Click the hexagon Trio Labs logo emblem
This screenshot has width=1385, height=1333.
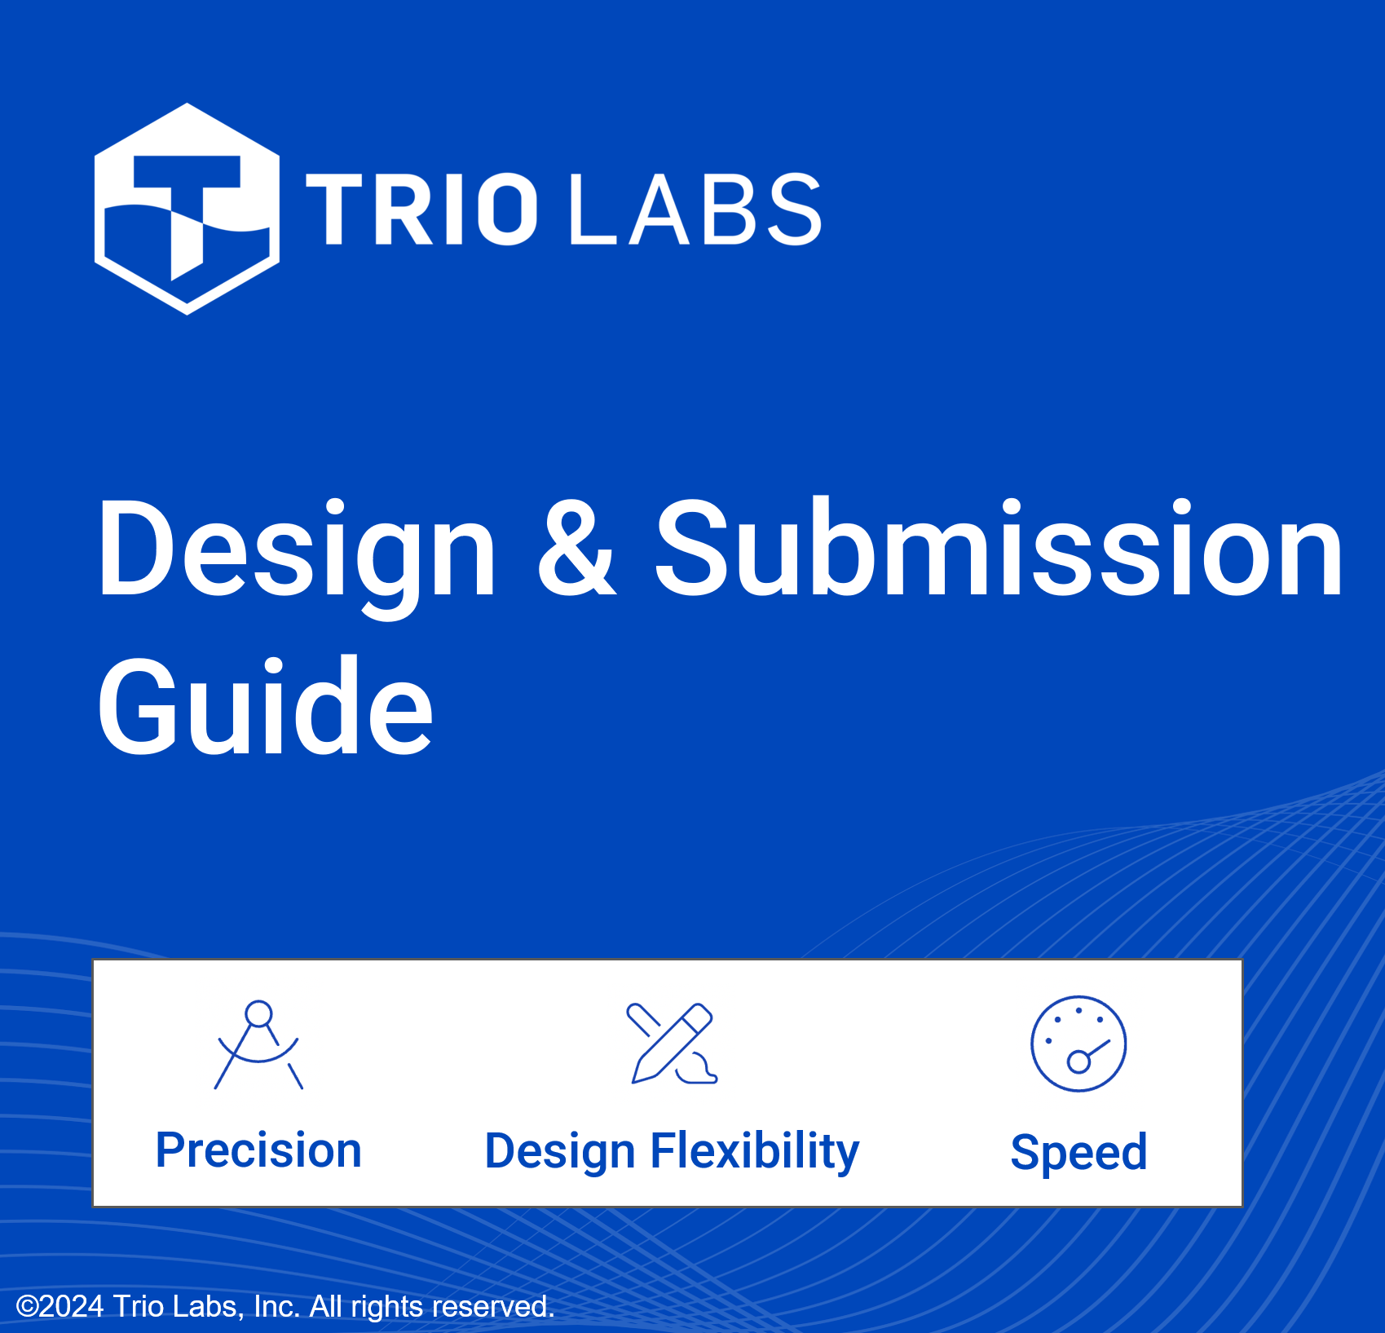tap(187, 209)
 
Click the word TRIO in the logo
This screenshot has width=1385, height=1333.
tap(421, 209)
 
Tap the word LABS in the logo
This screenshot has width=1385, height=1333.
tap(695, 209)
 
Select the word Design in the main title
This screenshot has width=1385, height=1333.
tap(297, 551)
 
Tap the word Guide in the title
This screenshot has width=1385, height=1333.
tap(265, 707)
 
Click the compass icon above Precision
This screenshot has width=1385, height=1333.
tap(258, 1045)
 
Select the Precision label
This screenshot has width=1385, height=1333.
tap(258, 1150)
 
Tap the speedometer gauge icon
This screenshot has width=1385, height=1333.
tap(1078, 1044)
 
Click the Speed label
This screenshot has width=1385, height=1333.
tap(1078, 1152)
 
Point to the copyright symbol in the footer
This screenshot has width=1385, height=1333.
tap(28, 1306)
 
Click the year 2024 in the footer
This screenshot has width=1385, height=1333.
tap(71, 1306)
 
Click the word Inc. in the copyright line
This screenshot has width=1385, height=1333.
tap(276, 1306)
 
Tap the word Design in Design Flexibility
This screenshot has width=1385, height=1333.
tap(559, 1151)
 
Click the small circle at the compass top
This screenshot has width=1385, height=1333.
tap(258, 1013)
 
